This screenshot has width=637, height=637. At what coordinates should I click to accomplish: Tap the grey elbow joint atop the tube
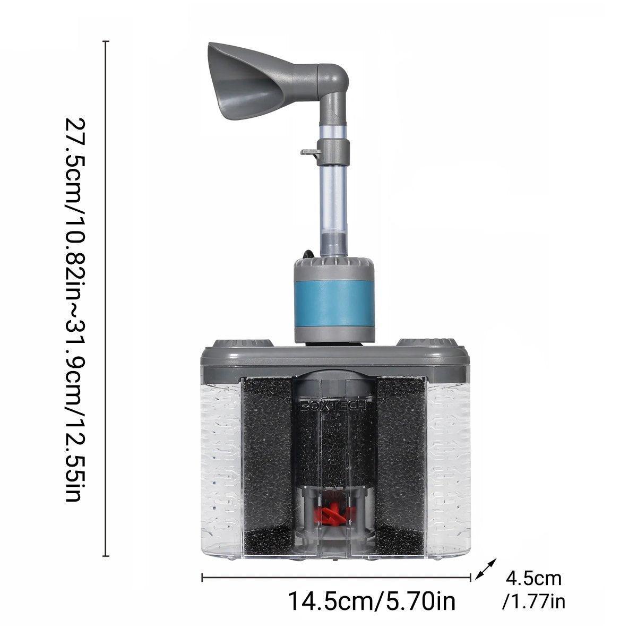coord(332,80)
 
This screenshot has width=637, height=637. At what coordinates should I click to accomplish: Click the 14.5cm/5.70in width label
coord(372,601)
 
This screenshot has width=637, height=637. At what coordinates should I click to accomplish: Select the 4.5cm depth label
coord(533,578)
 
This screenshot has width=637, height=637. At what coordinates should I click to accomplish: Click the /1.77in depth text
coord(533,602)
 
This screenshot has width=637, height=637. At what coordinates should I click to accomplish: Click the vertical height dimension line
coord(106,297)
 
